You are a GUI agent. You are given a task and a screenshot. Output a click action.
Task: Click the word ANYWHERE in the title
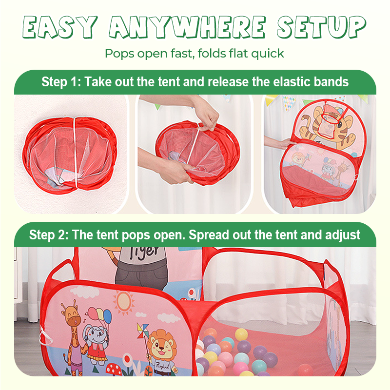pyautogui.click(x=187, y=27)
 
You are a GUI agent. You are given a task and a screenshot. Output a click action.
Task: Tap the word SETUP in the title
pyautogui.click(x=321, y=27)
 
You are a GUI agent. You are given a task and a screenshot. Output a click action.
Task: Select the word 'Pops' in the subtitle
pyautogui.click(x=119, y=54)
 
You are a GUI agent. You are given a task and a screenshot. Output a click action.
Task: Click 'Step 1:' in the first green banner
pyautogui.click(x=61, y=82)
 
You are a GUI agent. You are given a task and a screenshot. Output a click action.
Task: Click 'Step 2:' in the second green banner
pyautogui.click(x=49, y=235)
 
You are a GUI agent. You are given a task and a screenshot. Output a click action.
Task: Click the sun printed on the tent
pyautogui.click(x=124, y=302)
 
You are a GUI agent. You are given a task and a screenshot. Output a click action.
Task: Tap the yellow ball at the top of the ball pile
pyautogui.click(x=241, y=334)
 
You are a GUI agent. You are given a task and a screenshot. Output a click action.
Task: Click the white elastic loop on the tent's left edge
pyautogui.click(x=45, y=335)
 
